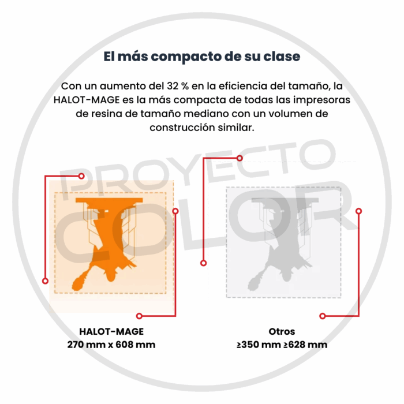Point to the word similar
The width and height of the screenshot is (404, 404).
coord(234,128)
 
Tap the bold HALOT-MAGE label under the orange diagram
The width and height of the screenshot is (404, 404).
coord(111,332)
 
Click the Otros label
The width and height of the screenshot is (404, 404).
coord(282,332)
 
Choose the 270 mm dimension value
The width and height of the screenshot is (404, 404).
coord(86,345)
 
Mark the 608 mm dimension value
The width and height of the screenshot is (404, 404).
coord(137,345)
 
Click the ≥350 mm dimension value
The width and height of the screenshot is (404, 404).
coord(256,345)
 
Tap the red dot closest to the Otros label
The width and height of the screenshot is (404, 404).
coord(323,316)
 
